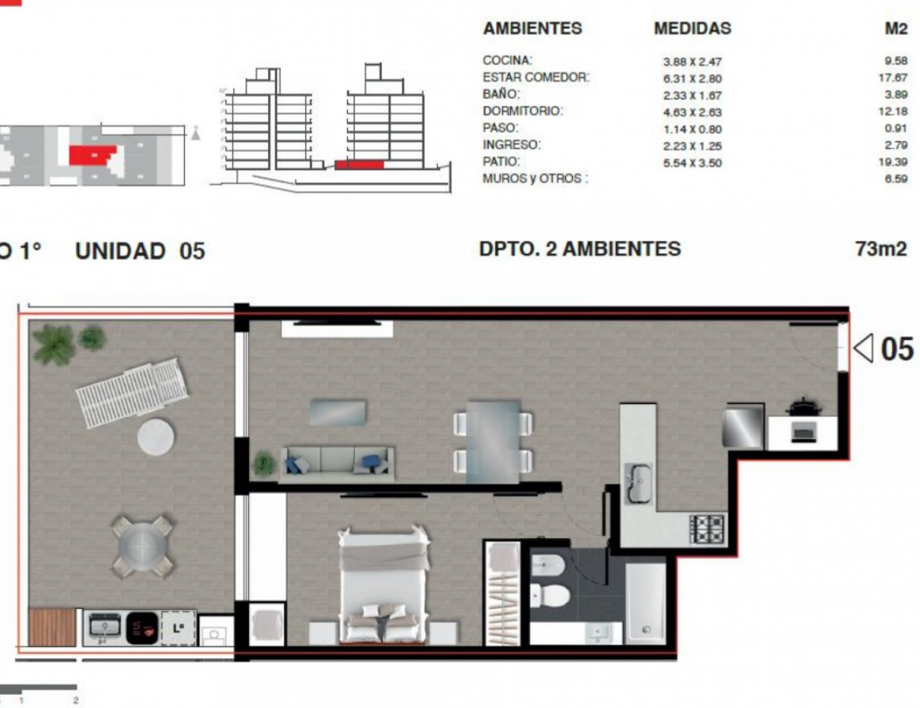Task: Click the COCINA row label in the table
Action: [x=507, y=60]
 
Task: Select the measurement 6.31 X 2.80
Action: [x=692, y=78]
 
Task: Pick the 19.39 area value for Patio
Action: [x=895, y=162]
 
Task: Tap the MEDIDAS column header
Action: [x=692, y=29]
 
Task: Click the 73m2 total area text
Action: [x=881, y=249]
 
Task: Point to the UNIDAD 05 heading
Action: [x=139, y=251]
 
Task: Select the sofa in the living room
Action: [x=339, y=461]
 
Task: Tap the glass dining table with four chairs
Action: [x=493, y=440]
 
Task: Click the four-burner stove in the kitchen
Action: [x=706, y=530]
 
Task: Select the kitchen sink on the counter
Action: [x=638, y=482]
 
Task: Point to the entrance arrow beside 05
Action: [x=863, y=348]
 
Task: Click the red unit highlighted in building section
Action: [x=359, y=165]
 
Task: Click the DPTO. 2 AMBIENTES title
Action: [x=580, y=249]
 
